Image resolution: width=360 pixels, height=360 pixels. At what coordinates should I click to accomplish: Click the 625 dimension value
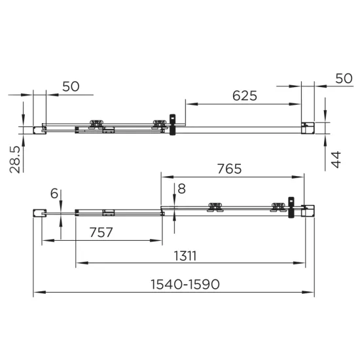click(x=245, y=96)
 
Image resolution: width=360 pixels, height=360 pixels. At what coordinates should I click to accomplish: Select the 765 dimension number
click(x=229, y=169)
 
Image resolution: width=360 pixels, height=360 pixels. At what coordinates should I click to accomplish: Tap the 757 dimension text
click(x=101, y=232)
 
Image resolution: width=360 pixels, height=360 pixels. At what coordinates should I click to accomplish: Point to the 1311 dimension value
click(x=185, y=256)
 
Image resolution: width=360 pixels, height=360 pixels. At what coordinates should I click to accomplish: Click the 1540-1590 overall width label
click(x=185, y=284)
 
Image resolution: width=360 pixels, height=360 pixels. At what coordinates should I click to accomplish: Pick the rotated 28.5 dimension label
click(x=15, y=160)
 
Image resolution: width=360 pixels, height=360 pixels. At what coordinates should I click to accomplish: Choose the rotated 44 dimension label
click(x=336, y=160)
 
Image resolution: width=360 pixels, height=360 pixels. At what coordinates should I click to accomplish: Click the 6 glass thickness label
click(x=54, y=193)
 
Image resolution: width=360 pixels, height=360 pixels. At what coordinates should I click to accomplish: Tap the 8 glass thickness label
click(x=181, y=189)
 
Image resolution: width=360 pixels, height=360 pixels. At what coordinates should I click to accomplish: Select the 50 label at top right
click(x=344, y=79)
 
